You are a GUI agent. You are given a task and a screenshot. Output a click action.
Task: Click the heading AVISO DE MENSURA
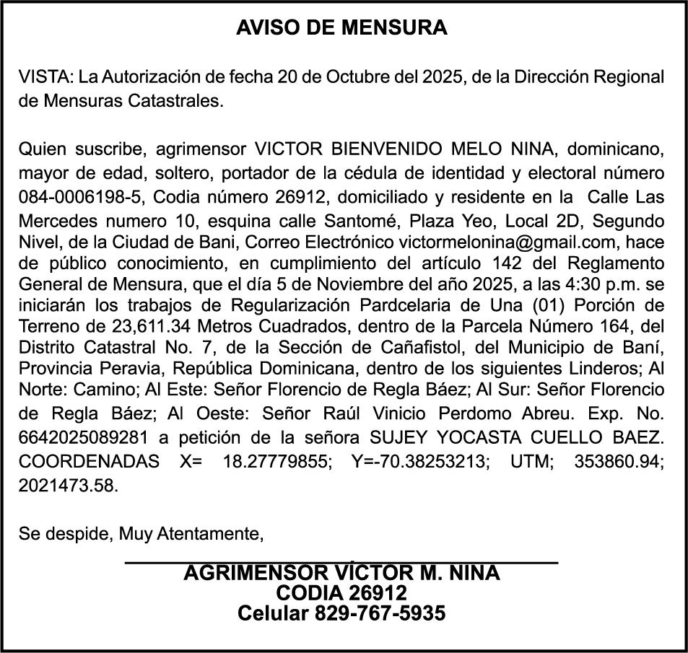(x=342, y=28)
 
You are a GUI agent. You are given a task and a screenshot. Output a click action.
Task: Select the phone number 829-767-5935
(x=380, y=614)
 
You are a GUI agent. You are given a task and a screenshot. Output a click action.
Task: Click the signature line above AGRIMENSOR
(x=341, y=561)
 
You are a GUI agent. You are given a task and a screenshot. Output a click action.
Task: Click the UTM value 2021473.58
(x=67, y=486)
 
